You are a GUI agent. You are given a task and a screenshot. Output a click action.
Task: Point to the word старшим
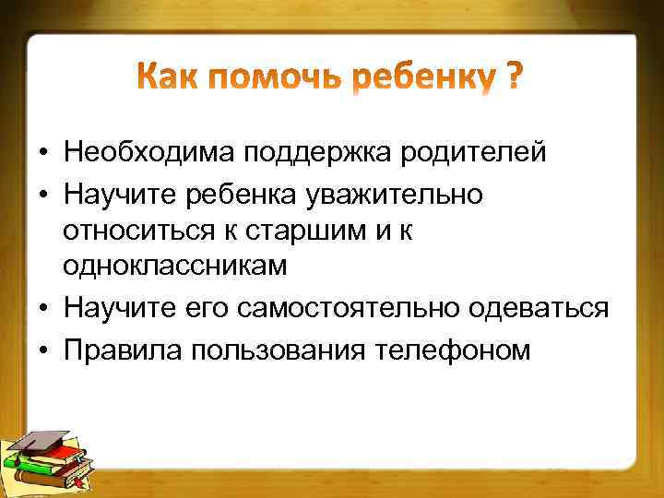coord(293,231)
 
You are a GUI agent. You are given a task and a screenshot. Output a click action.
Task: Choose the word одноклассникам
coord(175,266)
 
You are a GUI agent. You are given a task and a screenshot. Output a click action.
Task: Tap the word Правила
coord(118,350)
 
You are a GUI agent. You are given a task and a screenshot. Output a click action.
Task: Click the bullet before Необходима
coord(43,152)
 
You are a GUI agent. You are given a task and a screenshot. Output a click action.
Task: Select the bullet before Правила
coord(43,350)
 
